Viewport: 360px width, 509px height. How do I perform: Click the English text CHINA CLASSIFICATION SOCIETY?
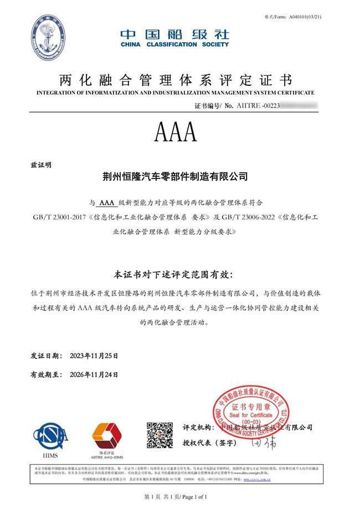point(174,44)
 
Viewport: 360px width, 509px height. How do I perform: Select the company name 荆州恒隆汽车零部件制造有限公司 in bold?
point(176,177)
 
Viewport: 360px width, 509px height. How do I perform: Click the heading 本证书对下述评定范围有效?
point(173,275)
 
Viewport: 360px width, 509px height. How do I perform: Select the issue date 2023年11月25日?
point(94,354)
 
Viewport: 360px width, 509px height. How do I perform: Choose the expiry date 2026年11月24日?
point(94,375)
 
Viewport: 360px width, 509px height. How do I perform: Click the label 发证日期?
point(44,354)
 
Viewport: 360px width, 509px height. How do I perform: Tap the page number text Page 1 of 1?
point(192,497)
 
